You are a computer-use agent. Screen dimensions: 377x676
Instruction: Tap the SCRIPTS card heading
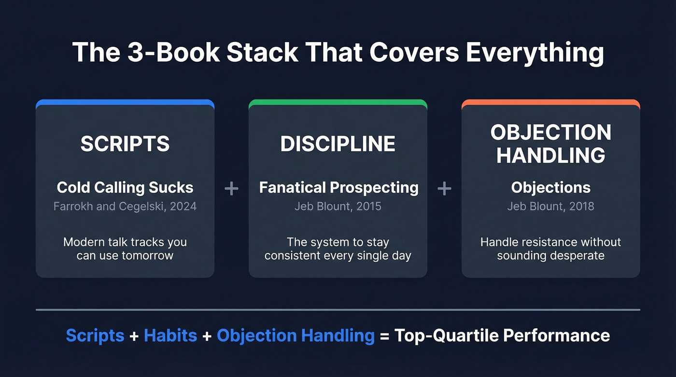pos(125,144)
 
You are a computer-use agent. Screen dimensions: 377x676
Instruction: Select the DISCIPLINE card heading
pos(338,144)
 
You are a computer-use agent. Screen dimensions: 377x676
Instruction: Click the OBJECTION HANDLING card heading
pos(551,144)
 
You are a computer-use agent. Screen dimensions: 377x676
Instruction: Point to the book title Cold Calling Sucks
pos(125,187)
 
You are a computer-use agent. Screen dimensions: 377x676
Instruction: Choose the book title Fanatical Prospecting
pos(338,187)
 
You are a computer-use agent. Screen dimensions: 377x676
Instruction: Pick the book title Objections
pos(551,187)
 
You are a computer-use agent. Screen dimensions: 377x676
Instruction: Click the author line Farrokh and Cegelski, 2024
pos(125,206)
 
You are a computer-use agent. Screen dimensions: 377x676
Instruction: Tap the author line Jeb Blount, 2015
pos(338,206)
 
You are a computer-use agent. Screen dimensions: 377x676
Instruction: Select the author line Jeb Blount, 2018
pos(551,206)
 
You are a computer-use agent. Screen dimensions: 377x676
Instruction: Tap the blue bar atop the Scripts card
pos(125,102)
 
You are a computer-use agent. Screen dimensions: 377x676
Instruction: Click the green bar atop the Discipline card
pos(338,102)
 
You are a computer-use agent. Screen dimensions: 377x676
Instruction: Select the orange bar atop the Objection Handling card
pos(551,102)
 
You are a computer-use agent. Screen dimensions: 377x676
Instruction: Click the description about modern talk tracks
pos(125,249)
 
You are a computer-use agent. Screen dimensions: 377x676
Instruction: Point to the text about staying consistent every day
pos(338,249)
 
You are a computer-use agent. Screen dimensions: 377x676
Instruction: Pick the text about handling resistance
pos(551,249)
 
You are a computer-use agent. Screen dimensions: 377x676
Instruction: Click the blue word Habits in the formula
pos(170,335)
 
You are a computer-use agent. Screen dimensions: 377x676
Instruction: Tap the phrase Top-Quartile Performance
pos(502,335)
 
